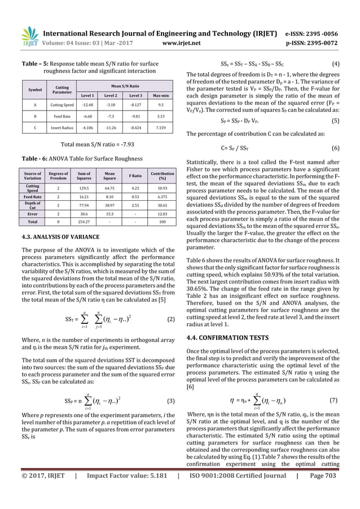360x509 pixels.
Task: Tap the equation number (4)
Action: (x=335, y=64)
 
